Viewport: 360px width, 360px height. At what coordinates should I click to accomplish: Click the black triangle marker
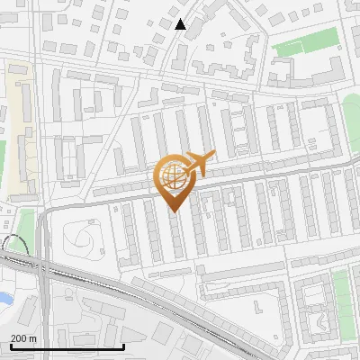pyautogui.click(x=181, y=24)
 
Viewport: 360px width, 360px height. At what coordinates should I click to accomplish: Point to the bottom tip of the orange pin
pyautogui.click(x=173, y=211)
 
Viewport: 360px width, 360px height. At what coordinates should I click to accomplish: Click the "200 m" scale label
pyautogui.click(x=22, y=337)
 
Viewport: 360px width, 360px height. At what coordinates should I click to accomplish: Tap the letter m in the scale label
pyautogui.click(x=32, y=337)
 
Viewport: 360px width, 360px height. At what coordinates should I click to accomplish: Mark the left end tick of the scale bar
pyautogui.click(x=10, y=346)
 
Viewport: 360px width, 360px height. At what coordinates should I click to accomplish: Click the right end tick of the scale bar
pyautogui.click(x=124, y=346)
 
